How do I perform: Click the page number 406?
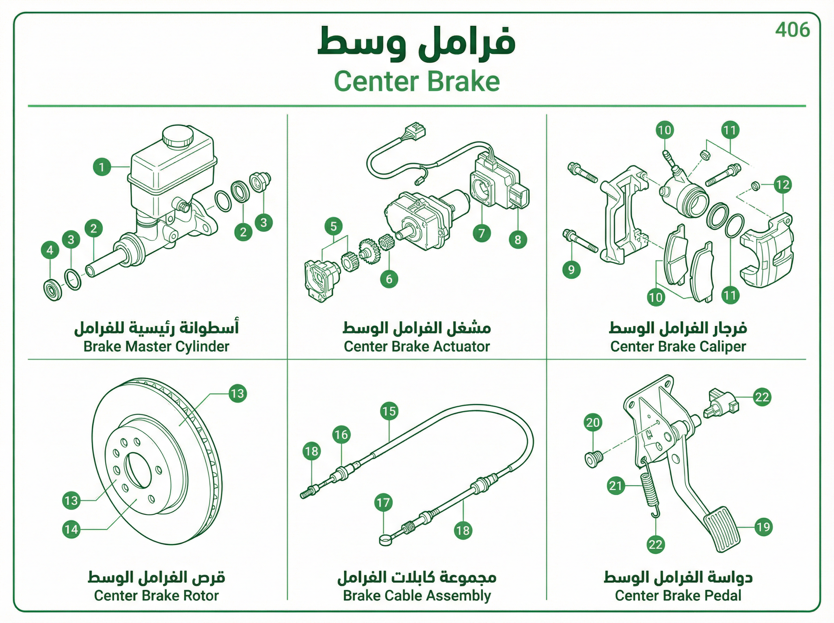792,30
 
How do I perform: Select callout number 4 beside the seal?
50,250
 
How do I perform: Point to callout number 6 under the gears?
389,279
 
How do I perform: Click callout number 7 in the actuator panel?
482,233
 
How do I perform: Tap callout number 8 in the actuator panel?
518,240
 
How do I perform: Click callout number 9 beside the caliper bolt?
571,270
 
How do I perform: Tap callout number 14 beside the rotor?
71,529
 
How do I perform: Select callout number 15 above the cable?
389,411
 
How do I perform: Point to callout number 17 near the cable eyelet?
383,502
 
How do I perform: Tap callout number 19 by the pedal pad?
763,527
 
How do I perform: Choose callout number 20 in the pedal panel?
593,422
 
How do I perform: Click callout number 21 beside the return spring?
616,485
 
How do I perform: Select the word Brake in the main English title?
464,81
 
